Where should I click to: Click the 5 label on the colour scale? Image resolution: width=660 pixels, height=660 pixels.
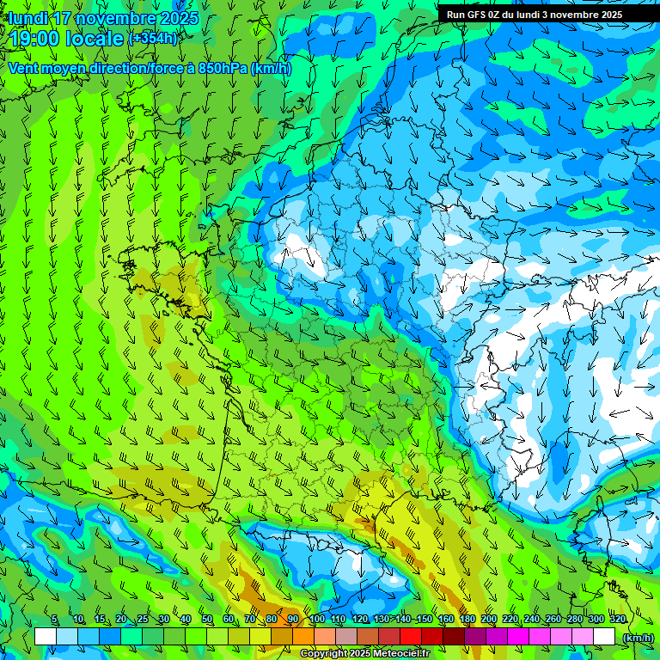click(54, 619)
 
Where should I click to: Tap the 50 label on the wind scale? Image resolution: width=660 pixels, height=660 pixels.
click(207, 619)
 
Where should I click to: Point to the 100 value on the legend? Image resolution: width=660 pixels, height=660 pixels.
click(316, 619)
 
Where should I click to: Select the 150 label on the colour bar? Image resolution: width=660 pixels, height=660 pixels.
click(424, 619)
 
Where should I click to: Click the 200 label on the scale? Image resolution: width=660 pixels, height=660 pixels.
click(489, 619)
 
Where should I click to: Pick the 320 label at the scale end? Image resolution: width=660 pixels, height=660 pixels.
click(617, 619)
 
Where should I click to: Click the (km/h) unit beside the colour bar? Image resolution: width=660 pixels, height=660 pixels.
click(638, 637)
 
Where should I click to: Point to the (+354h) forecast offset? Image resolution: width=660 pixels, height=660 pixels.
click(152, 39)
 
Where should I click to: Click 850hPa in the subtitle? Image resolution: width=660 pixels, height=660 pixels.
click(218, 68)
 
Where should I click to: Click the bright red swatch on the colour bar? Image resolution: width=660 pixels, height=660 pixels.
click(411, 637)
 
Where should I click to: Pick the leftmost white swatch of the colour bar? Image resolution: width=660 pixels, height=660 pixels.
click(46, 637)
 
